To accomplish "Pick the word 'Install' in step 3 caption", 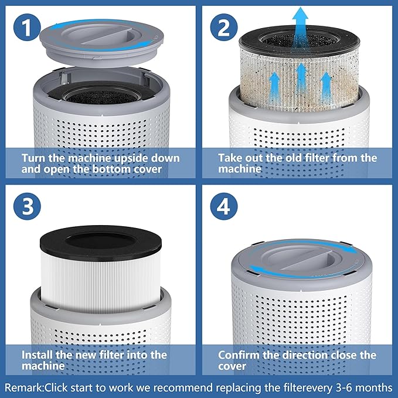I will [x=38, y=355].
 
